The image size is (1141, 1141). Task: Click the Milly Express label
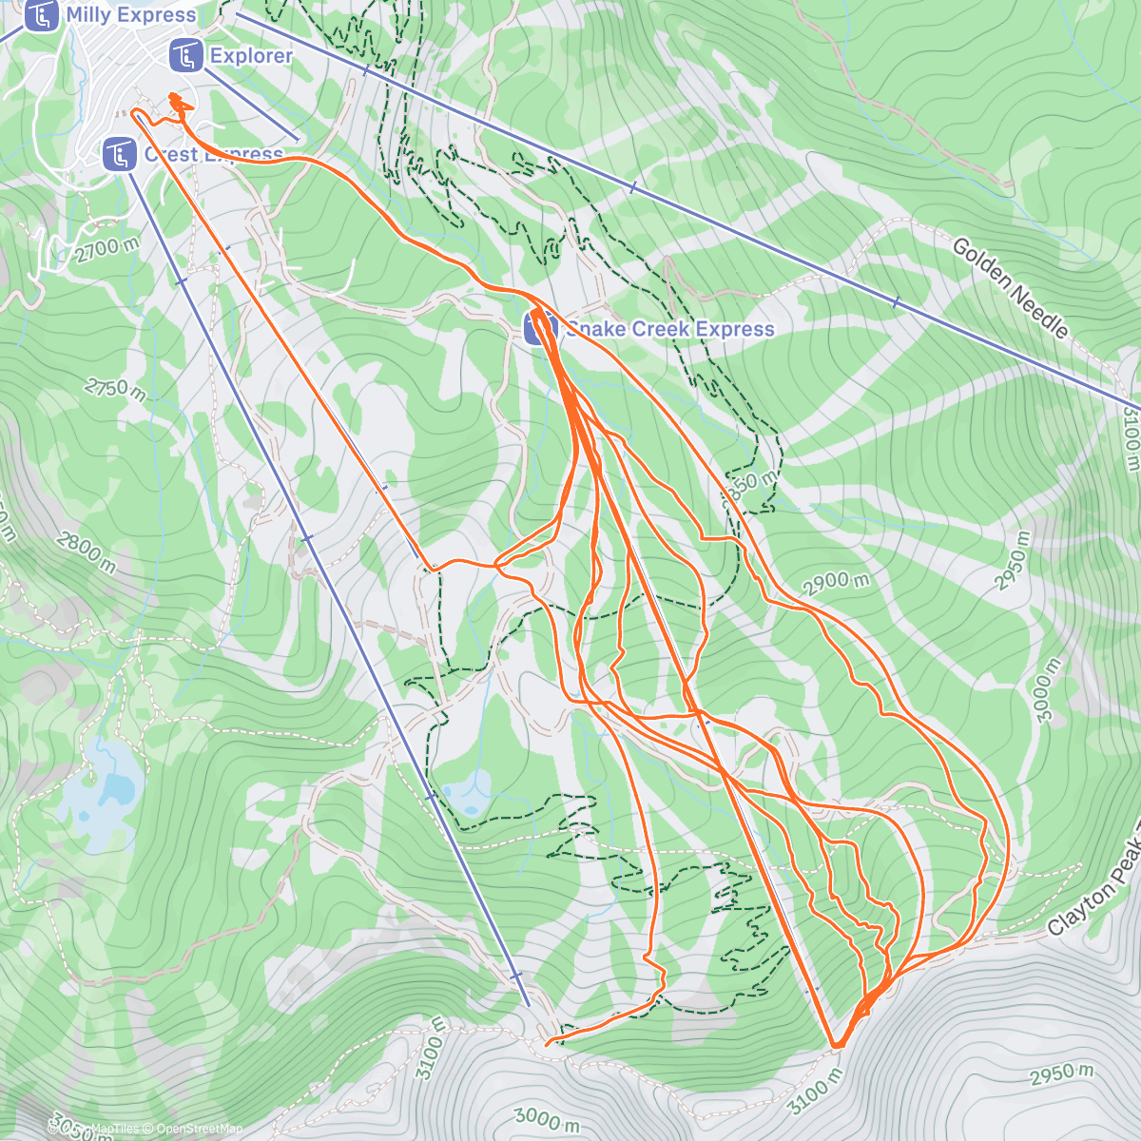click(131, 15)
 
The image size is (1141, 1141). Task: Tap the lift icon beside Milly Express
click(41, 15)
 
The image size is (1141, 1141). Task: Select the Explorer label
click(251, 56)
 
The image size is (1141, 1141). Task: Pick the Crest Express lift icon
click(119, 154)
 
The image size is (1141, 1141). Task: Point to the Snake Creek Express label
click(670, 329)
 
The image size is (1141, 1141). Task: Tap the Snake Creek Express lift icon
click(539, 329)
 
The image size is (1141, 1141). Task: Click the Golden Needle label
click(1011, 288)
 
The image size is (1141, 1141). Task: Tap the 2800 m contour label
click(86, 553)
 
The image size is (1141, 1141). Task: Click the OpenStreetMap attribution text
click(200, 1129)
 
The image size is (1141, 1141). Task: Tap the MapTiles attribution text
click(114, 1129)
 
